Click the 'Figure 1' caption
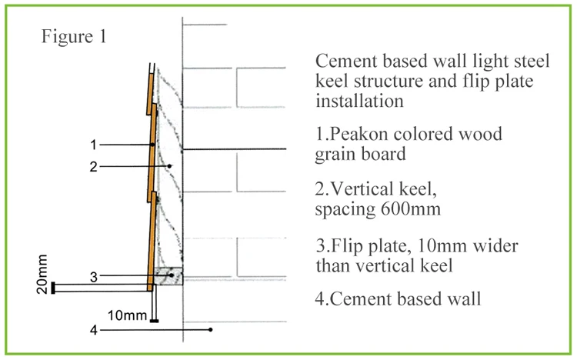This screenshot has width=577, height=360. point(75,36)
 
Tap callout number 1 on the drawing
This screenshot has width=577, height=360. point(92,144)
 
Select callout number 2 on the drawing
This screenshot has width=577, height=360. point(92,165)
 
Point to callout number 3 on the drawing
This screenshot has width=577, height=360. point(92,276)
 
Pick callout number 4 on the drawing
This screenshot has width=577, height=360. point(92,331)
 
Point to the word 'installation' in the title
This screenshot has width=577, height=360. point(361,100)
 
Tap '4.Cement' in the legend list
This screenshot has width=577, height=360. point(352,298)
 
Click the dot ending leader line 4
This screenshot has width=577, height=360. point(210,330)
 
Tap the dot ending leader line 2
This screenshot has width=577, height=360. point(170,165)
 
